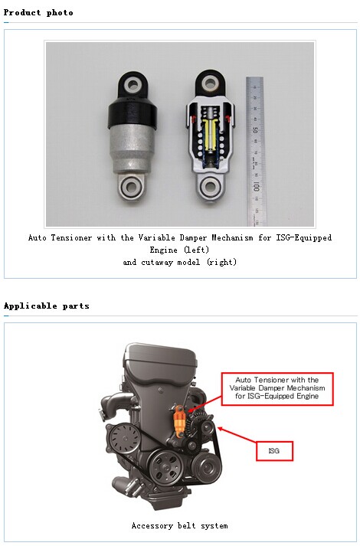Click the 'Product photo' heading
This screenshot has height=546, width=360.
(x=38, y=12)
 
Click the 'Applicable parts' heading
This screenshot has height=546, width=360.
(x=46, y=306)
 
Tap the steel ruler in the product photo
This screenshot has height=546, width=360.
(x=254, y=151)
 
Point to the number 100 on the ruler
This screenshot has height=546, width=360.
(x=256, y=186)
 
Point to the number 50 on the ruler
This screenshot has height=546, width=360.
(x=255, y=130)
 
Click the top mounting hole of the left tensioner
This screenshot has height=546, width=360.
(x=133, y=84)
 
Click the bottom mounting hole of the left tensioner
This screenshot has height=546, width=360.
(x=132, y=186)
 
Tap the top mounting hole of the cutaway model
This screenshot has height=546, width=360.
(x=210, y=83)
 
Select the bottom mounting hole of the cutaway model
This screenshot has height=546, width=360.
(x=210, y=186)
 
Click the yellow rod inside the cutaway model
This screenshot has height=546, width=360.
(x=210, y=135)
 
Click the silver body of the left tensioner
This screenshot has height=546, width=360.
(x=132, y=150)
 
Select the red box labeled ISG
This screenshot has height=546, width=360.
(x=274, y=451)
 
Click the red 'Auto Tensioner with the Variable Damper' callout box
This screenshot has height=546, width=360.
(x=277, y=388)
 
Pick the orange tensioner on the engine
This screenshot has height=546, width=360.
(x=179, y=421)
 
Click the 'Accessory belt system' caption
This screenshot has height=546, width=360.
(x=180, y=525)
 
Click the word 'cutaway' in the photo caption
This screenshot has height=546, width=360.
(x=157, y=262)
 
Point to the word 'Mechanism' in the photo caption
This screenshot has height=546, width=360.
(x=232, y=238)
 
